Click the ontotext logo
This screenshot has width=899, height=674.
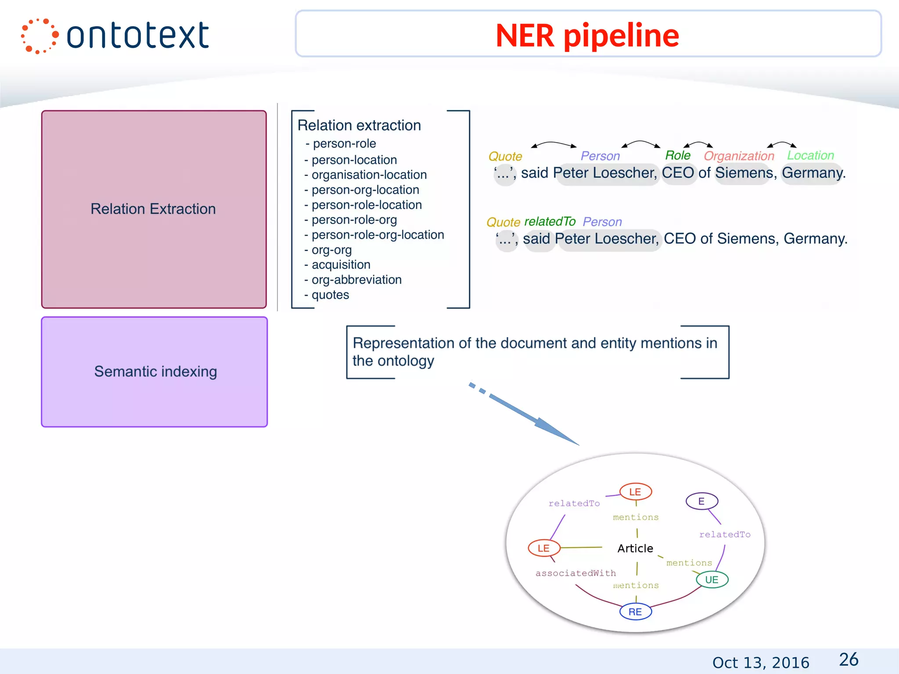(115, 36)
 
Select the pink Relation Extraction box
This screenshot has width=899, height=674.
(154, 209)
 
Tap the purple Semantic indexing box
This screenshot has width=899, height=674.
(155, 372)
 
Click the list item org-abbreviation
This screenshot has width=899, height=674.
(356, 280)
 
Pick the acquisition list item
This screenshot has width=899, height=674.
(341, 265)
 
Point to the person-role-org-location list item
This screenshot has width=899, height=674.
(378, 235)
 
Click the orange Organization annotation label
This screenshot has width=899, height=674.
(739, 156)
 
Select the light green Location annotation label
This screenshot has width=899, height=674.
(810, 155)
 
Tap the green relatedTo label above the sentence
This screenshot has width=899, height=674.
(550, 222)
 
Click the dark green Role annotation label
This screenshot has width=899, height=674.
(678, 155)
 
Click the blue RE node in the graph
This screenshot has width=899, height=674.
(635, 612)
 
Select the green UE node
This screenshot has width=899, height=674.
(712, 580)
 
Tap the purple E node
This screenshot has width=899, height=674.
(701, 501)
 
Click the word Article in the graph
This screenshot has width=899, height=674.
(635, 549)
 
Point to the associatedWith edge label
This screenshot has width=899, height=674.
(575, 573)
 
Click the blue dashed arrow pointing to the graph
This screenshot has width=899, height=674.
(527, 415)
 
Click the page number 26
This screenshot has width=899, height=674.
(849, 660)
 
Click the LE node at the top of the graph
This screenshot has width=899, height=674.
(635, 492)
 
